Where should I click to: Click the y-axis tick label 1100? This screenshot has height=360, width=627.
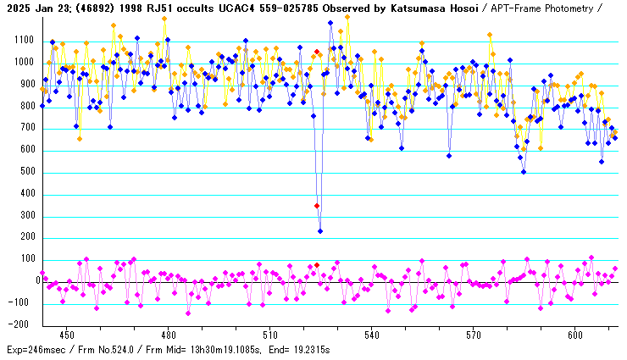point(22,41)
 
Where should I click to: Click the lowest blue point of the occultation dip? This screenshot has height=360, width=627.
point(320,231)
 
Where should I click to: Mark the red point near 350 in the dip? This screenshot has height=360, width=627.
point(317,206)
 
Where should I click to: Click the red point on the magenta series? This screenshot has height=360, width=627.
point(317,265)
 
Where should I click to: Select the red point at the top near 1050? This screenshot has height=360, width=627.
point(317,52)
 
